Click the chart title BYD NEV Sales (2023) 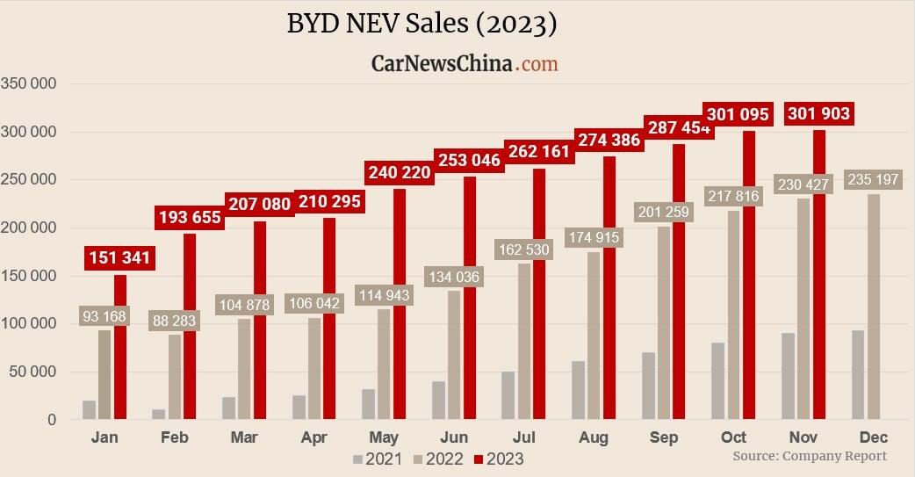(421, 24)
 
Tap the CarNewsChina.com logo (465, 63)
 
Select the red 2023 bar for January (120, 351)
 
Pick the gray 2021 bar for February (158, 415)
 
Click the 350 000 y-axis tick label (29, 84)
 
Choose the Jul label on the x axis (524, 437)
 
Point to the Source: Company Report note (810, 456)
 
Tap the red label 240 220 (400, 172)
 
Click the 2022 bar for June (454, 360)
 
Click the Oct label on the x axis (734, 437)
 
